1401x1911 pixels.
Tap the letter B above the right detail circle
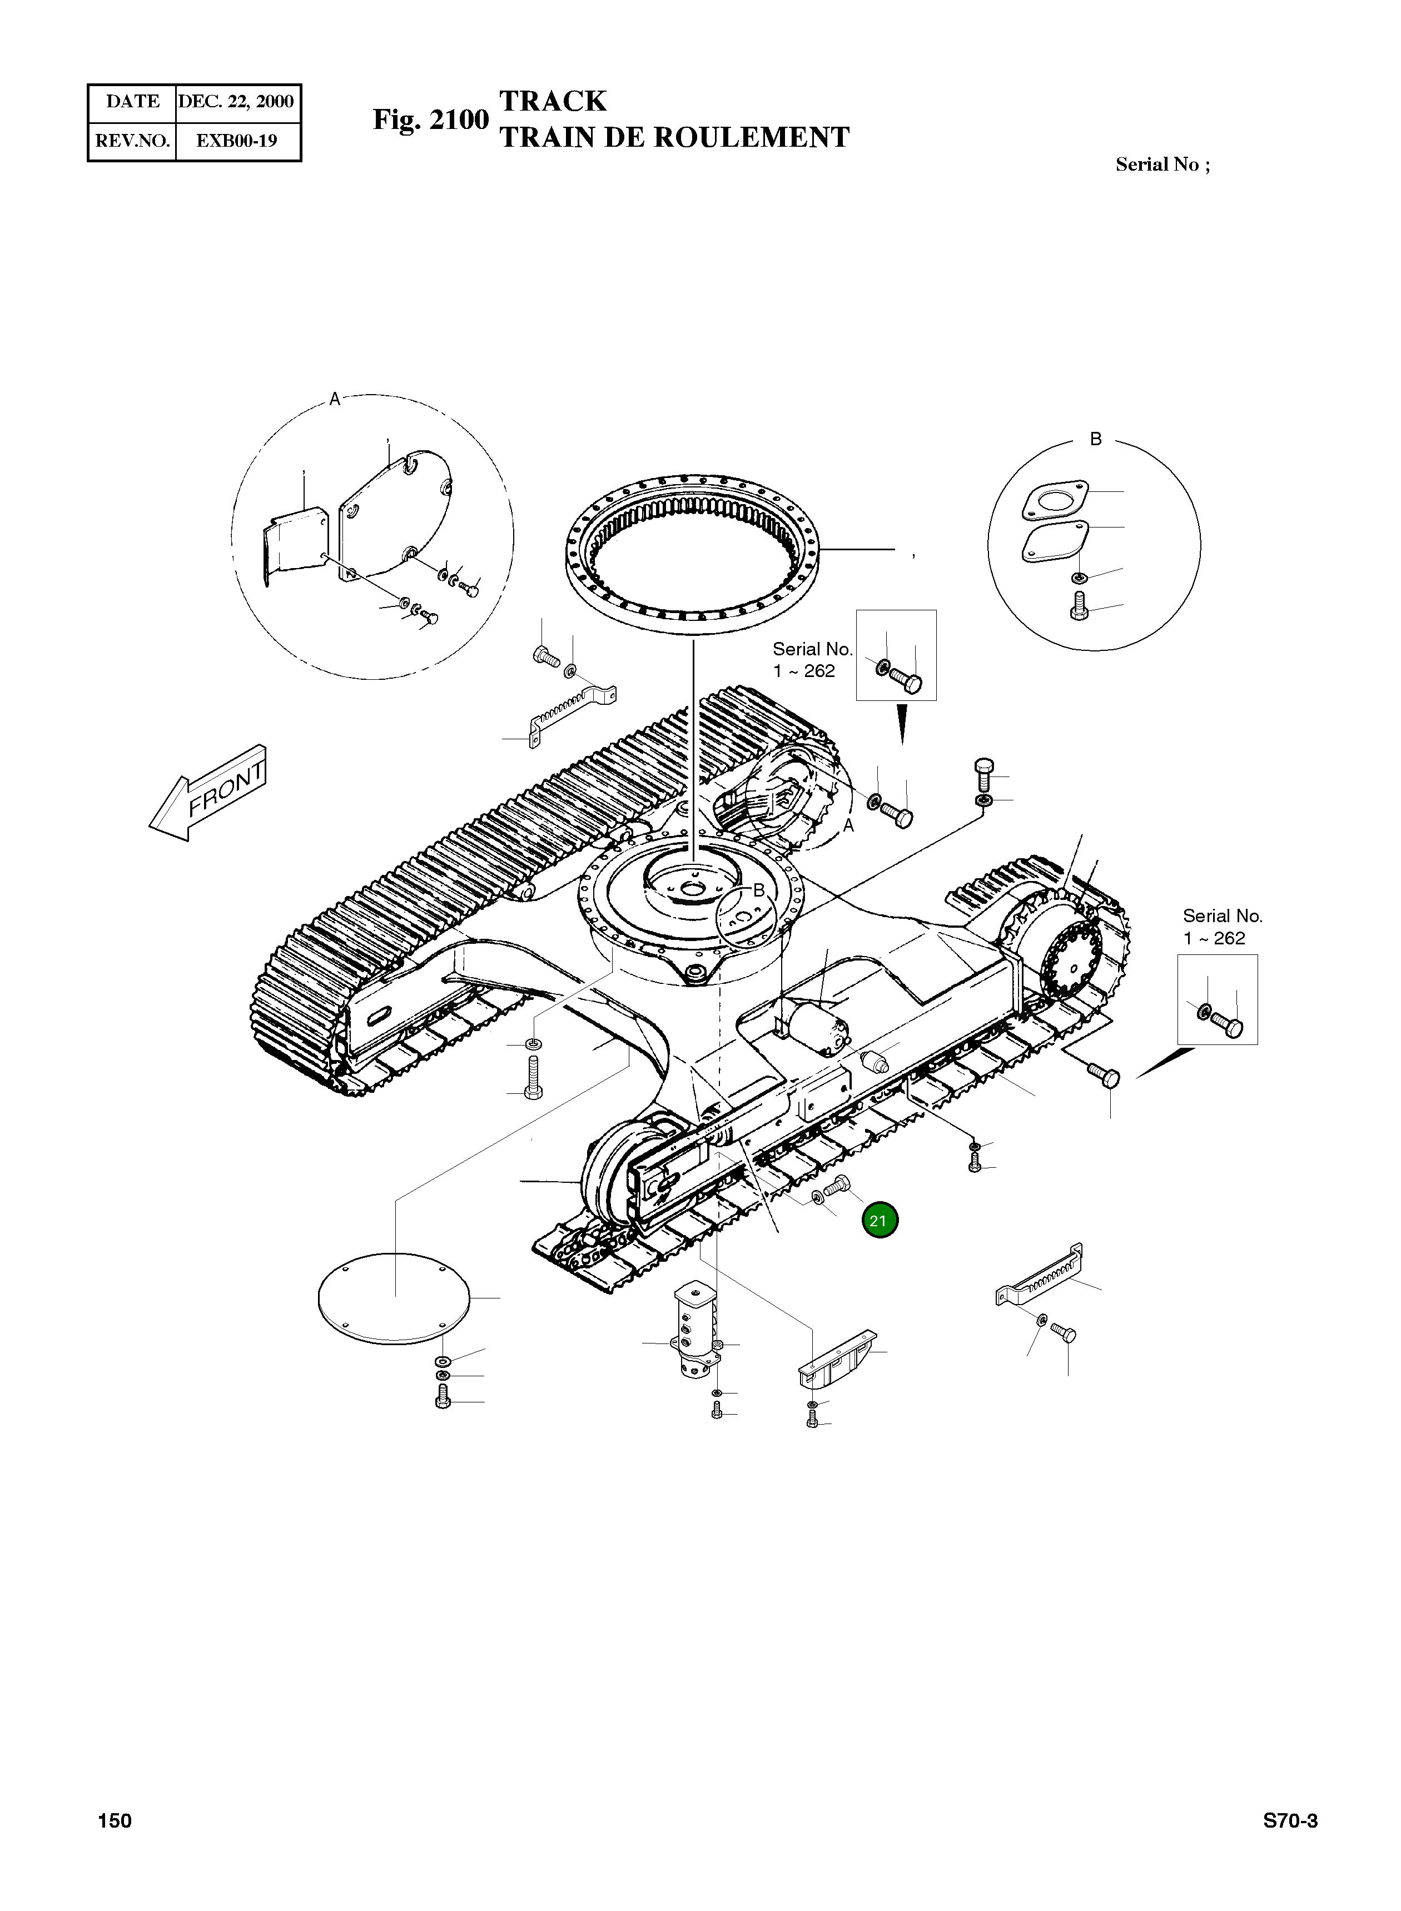(1096, 439)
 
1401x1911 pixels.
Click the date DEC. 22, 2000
(236, 102)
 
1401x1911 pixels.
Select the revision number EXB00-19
(237, 141)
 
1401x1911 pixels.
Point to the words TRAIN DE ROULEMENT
(674, 137)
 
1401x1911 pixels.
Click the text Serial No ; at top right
(1162, 165)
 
